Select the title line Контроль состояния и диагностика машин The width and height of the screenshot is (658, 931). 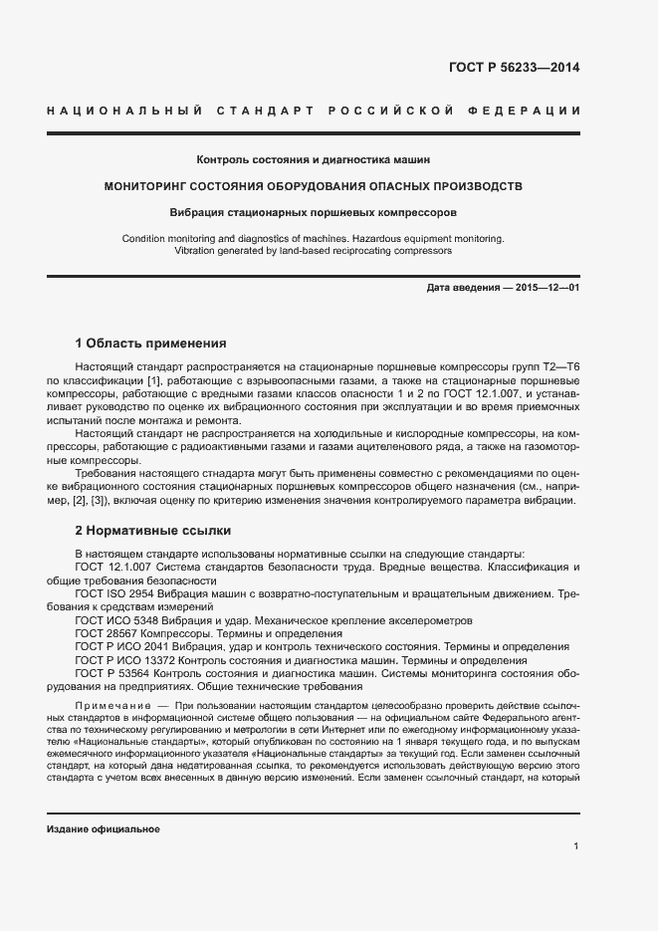pyautogui.click(x=314, y=159)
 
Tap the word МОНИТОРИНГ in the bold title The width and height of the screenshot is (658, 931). pyautogui.click(x=152, y=186)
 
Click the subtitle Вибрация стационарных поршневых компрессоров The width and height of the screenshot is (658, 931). pyautogui.click(x=314, y=213)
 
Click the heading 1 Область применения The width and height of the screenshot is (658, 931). pyautogui.click(x=150, y=344)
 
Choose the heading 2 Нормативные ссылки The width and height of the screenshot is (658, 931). pyautogui.click(x=152, y=529)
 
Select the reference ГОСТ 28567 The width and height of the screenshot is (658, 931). pyautogui.click(x=107, y=633)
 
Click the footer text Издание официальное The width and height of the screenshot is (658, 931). pyautogui.click(x=104, y=829)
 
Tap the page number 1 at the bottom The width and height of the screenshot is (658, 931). pyautogui.click(x=575, y=846)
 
